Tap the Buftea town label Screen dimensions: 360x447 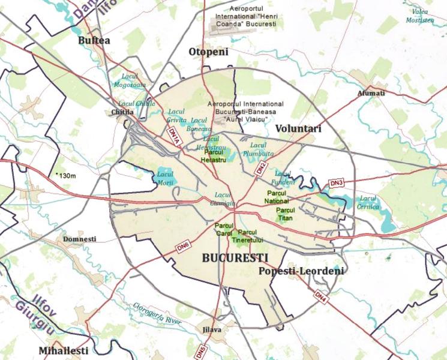click(94, 40)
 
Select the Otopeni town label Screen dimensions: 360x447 click(209, 52)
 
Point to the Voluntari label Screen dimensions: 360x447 click(298, 128)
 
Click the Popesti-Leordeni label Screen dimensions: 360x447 click(301, 272)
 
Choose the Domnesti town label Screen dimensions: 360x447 click(79, 239)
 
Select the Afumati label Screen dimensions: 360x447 click(371, 93)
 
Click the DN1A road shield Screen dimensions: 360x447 click(174, 136)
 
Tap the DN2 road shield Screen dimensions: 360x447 click(260, 168)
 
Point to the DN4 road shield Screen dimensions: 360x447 click(320, 296)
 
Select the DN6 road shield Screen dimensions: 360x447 click(183, 245)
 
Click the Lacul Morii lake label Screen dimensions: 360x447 click(164, 178)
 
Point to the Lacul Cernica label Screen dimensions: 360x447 click(368, 202)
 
